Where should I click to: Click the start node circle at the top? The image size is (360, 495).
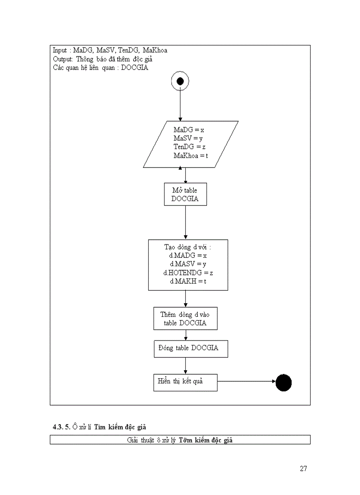[x=180, y=81]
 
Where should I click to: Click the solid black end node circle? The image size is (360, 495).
[x=284, y=383]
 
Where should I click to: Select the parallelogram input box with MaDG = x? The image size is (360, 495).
[x=191, y=144]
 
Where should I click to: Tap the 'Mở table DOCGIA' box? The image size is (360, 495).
[x=185, y=194]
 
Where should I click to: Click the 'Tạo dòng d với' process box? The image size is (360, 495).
[x=188, y=264]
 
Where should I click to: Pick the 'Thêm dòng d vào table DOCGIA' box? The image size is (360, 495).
[x=185, y=319]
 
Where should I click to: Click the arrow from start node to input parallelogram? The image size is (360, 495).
[x=180, y=106]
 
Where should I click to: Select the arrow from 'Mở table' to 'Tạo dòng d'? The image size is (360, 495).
[x=185, y=223]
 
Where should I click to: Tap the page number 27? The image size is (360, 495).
[x=303, y=469]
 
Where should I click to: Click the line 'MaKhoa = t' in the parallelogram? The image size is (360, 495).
[x=191, y=156]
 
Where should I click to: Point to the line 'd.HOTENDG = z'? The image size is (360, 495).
[x=188, y=273]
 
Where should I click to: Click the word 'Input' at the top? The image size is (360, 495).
[x=60, y=50]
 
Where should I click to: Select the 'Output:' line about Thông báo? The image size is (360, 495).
[x=103, y=59]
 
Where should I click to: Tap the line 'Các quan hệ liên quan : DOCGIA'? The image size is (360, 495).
[x=100, y=68]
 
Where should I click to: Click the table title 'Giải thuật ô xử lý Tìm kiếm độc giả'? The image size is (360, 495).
[x=180, y=440]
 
